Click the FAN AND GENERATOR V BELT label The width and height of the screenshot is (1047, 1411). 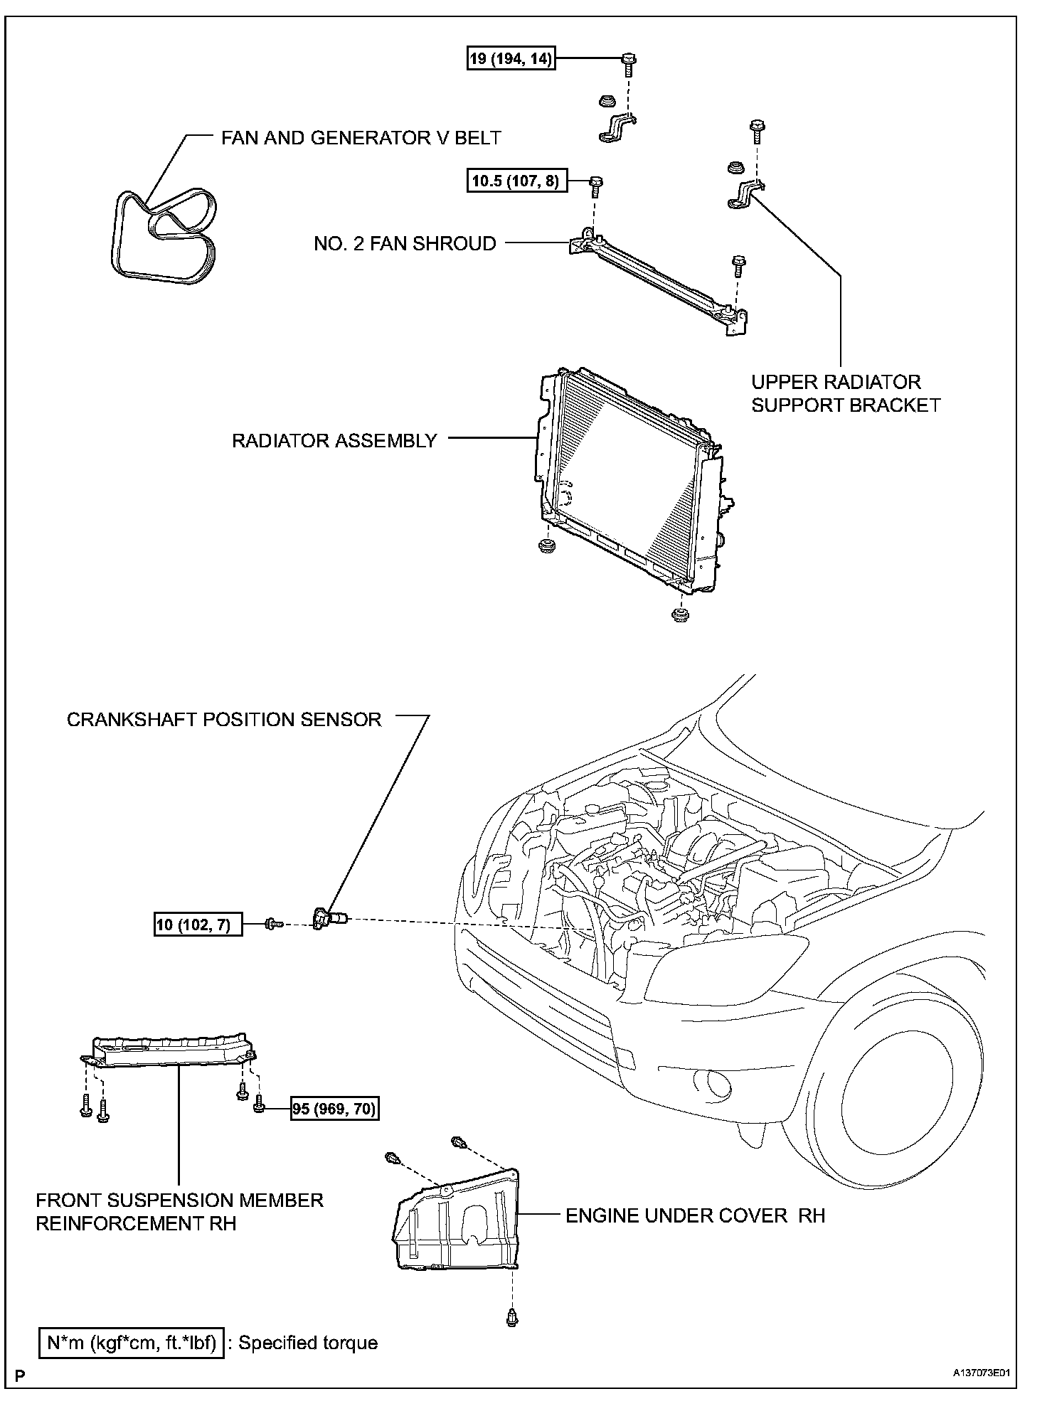(361, 137)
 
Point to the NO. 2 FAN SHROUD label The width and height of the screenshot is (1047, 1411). (405, 243)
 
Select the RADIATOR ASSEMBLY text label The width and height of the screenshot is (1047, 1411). (334, 441)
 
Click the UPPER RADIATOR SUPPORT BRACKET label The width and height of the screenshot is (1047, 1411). (846, 393)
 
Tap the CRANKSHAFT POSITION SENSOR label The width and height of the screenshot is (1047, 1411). (224, 719)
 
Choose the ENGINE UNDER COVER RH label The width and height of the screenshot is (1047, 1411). (695, 1215)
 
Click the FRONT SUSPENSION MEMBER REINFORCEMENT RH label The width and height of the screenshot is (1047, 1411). (179, 1212)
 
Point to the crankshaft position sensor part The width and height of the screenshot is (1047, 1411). (329, 918)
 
